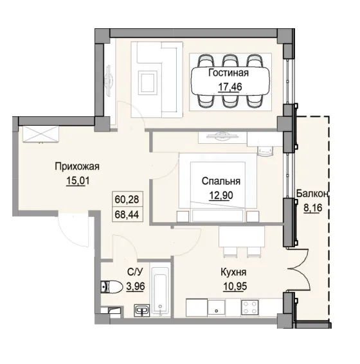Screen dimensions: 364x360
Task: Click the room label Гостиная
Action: pos(228,73)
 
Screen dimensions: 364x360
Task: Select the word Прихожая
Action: pos(76,167)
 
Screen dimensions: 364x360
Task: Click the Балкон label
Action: pos(313,193)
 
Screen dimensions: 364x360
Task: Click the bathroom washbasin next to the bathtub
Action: pos(142,310)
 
